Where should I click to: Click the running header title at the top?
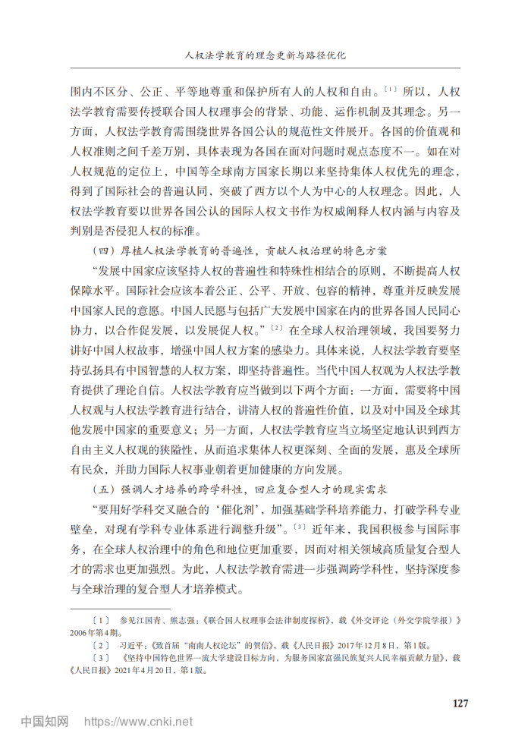265,55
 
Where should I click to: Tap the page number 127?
461,703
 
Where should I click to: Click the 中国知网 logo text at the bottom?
44,720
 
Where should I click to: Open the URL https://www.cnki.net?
139,721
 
